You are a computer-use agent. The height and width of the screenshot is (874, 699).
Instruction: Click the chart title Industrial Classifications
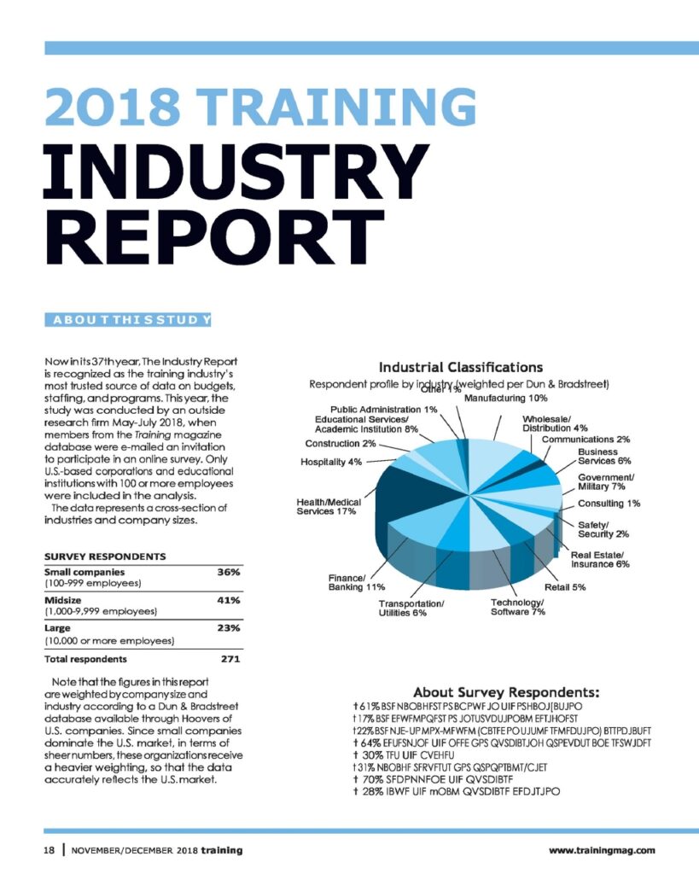tap(460, 367)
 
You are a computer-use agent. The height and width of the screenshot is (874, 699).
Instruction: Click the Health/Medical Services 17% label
tap(329, 506)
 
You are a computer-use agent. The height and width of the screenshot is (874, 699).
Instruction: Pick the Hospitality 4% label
tap(331, 462)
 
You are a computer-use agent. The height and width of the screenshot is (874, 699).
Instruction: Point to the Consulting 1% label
tap(609, 504)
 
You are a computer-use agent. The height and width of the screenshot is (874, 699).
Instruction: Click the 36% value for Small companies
tap(228, 572)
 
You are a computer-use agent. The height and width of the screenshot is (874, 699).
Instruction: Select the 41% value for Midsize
tap(228, 600)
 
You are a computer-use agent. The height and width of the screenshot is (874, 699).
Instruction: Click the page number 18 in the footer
tap(50, 850)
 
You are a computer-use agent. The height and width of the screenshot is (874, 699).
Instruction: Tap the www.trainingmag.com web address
tap(602, 850)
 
